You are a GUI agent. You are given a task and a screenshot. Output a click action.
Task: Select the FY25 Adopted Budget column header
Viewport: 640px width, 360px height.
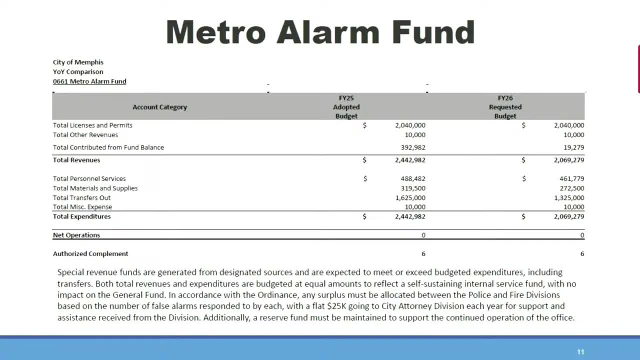[x=346, y=107]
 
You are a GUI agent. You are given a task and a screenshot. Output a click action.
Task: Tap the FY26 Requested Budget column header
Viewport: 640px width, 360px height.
[x=505, y=107]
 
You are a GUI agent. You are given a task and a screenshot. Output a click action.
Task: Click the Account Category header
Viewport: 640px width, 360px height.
[x=159, y=107]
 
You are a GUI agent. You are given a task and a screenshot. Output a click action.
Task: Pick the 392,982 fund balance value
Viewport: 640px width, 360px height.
[x=412, y=147]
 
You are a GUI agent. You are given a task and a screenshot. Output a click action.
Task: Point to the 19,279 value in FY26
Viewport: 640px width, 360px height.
[x=573, y=147]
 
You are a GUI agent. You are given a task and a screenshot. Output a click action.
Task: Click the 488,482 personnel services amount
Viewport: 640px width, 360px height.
[x=412, y=178]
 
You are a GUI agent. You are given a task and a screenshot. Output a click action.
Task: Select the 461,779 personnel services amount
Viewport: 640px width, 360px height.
[x=571, y=178]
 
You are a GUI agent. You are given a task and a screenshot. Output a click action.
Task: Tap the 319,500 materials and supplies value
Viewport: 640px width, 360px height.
[x=412, y=188]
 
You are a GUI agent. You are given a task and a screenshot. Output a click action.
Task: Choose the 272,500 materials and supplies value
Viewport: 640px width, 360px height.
[x=571, y=188]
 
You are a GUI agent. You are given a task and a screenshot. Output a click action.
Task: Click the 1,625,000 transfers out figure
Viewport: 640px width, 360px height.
[x=410, y=197]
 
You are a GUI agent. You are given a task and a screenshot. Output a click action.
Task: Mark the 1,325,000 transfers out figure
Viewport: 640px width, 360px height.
[x=569, y=197]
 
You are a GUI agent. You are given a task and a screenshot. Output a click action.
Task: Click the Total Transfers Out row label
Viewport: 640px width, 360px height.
[x=82, y=197]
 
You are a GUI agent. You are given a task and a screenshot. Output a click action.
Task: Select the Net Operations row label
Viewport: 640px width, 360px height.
[x=76, y=235]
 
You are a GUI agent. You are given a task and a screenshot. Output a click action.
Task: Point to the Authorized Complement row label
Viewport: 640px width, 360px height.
[x=90, y=253]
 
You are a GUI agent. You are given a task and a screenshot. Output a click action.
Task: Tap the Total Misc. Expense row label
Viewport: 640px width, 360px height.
[x=82, y=207]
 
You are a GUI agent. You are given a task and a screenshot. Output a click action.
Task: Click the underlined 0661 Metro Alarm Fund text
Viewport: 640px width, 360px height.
[x=89, y=81]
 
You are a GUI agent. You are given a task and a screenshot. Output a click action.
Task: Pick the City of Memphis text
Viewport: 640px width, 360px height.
[x=78, y=62]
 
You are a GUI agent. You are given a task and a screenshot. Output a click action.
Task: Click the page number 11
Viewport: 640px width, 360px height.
[x=580, y=352]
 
